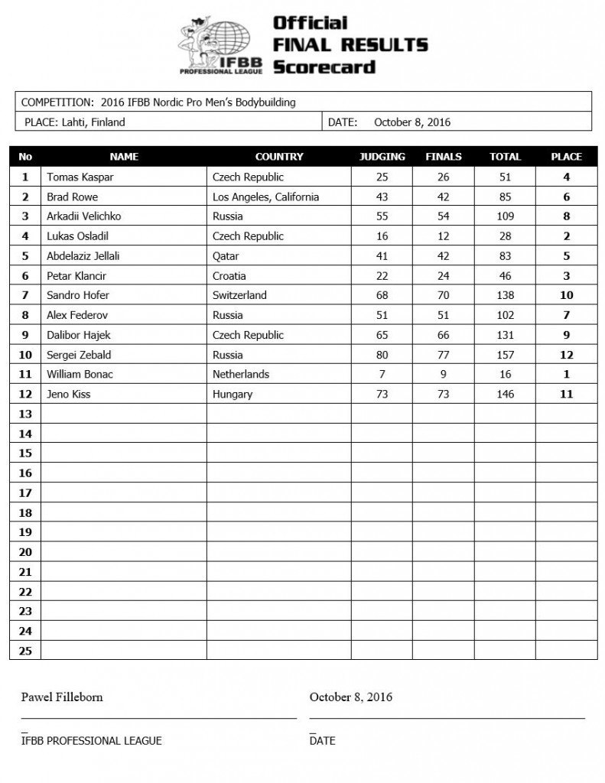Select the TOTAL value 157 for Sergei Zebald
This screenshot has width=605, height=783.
(505, 355)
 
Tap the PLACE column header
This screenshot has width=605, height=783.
(566, 157)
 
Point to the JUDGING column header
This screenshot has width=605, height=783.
(382, 157)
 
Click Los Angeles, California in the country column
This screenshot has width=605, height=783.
(265, 197)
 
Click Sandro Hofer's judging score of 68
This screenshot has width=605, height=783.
(382, 296)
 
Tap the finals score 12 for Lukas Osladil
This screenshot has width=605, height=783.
(444, 236)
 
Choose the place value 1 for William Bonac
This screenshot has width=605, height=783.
(566, 375)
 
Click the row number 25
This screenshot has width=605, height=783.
(25, 651)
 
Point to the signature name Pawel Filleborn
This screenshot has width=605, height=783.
(62, 697)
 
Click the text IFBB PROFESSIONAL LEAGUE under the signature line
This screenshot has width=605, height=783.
(92, 740)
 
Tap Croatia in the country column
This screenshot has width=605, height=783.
(231, 276)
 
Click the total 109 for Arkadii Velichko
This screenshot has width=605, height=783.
(505, 216)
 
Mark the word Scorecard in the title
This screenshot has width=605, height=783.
(324, 67)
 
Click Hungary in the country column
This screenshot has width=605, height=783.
(233, 395)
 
